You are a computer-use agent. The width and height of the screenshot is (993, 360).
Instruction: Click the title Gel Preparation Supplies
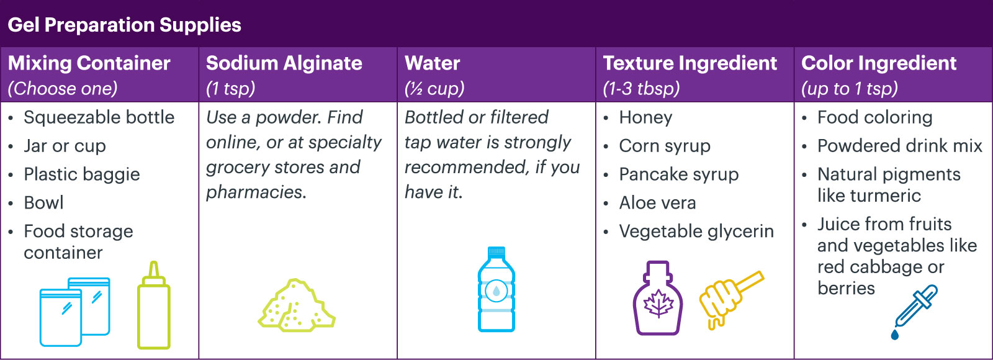coord(124,25)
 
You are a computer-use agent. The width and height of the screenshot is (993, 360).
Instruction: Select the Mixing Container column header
coord(89,63)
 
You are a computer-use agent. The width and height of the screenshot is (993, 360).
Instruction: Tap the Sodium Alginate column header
coord(284,63)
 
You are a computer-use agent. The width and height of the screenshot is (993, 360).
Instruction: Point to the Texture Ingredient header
coord(690,63)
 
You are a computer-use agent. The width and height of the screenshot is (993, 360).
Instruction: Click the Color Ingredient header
coord(879,63)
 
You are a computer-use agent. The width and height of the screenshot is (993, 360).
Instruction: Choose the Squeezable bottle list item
coord(99,117)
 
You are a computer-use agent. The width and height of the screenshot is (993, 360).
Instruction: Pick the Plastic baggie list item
coord(82,174)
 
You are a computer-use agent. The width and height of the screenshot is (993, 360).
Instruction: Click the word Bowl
coord(43,202)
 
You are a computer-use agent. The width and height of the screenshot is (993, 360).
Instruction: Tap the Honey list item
coord(645,117)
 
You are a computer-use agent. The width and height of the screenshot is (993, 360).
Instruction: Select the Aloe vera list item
coord(657,202)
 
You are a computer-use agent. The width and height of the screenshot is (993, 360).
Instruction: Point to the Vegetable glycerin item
coord(696,232)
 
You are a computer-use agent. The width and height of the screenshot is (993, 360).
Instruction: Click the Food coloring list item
coord(874,117)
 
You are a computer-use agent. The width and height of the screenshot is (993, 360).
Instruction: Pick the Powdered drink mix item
coord(900,146)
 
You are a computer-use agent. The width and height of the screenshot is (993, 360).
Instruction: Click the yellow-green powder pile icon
coord(297,305)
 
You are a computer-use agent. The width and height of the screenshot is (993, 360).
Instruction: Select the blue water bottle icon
coord(496,289)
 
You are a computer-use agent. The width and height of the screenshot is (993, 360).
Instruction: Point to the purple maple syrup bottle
coord(658,298)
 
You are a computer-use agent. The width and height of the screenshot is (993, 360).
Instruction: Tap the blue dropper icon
coord(915,312)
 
